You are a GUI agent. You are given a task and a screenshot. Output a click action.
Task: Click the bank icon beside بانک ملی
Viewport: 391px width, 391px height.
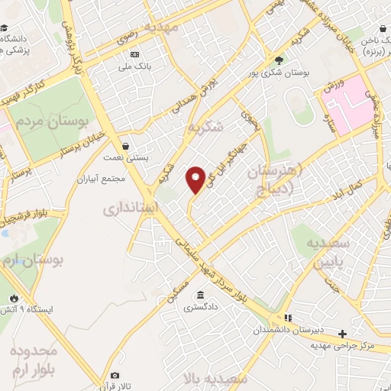click(135, 54)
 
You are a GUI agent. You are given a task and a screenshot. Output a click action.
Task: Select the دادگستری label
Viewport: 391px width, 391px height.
click(200, 310)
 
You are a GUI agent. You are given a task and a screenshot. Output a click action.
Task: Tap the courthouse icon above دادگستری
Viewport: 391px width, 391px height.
click(200, 296)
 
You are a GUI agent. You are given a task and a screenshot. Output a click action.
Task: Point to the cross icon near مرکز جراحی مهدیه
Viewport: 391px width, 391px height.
click(343, 333)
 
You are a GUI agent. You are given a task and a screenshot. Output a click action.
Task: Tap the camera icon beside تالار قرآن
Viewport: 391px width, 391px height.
click(115, 376)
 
